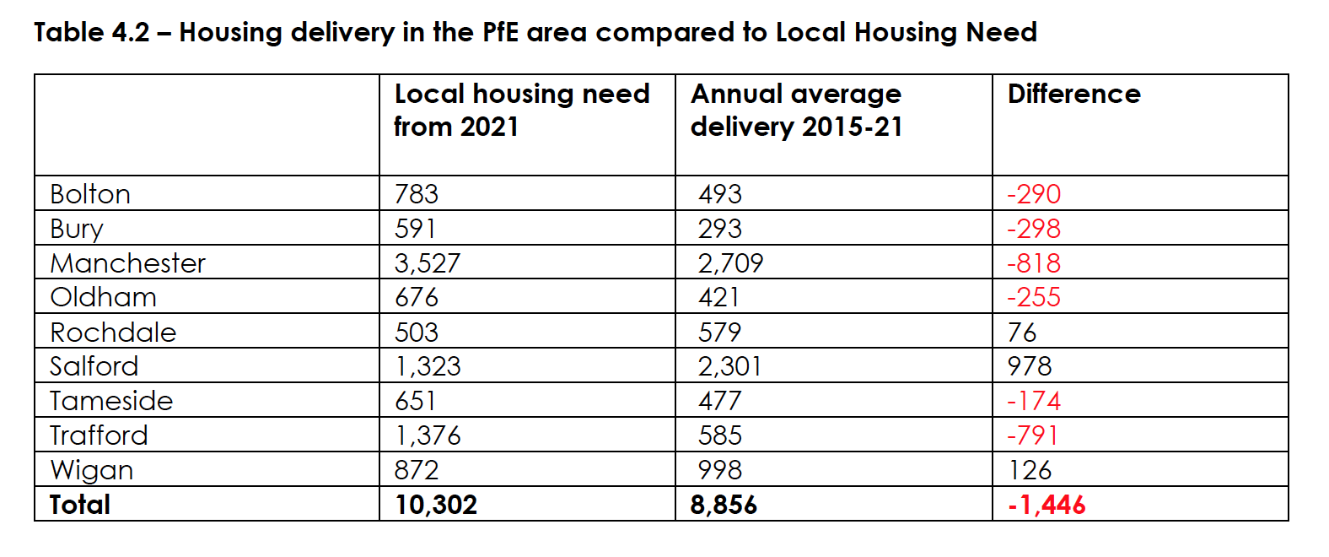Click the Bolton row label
(90, 194)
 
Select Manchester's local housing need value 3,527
(428, 263)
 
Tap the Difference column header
(1073, 94)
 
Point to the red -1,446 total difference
(1047, 505)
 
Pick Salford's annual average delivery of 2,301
(729, 366)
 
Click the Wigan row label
(92, 470)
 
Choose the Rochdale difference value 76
(1021, 333)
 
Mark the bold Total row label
(80, 505)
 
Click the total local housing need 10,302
(436, 505)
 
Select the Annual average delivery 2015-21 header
(796, 110)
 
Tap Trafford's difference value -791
(1033, 435)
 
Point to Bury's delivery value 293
(720, 229)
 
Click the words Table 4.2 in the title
(91, 33)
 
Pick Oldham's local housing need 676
(417, 297)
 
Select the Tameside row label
(111, 401)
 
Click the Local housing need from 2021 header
(521, 110)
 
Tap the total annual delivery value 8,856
(724, 505)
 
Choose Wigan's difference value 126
(1030, 470)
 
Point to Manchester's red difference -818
(1034, 263)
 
